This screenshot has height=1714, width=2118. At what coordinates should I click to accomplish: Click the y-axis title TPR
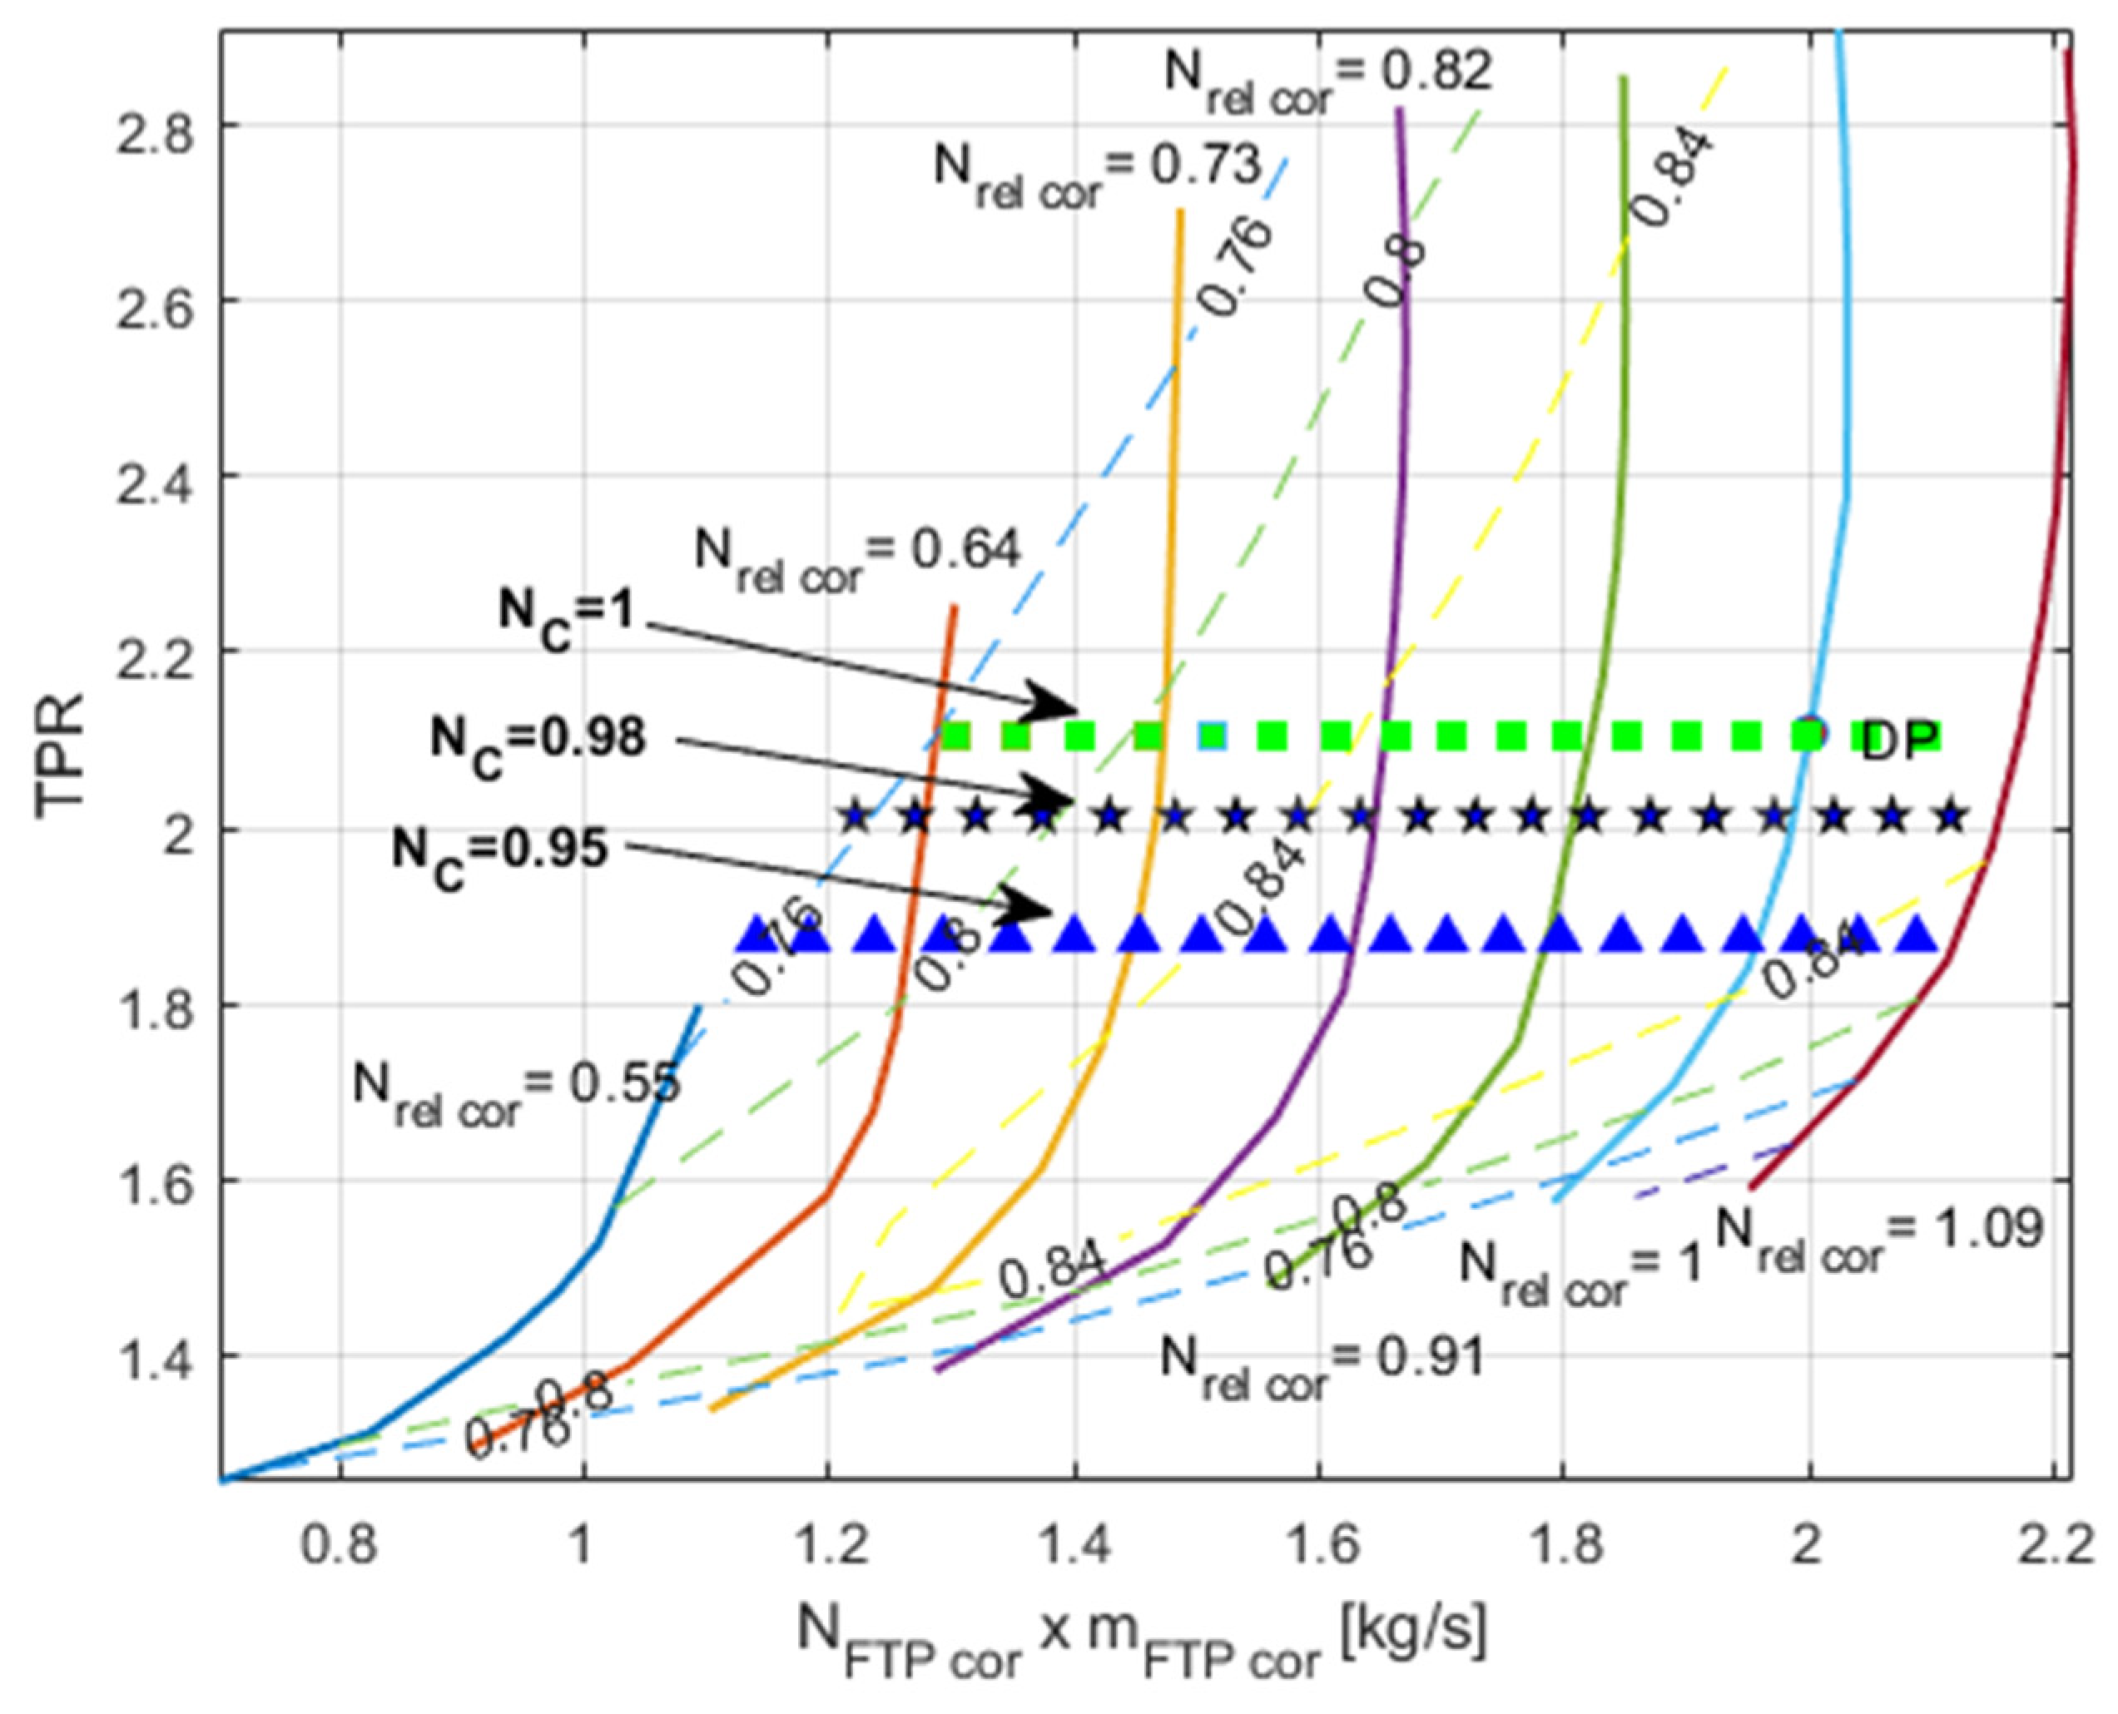coord(62,756)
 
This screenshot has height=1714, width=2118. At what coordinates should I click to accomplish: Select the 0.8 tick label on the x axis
coord(339,1546)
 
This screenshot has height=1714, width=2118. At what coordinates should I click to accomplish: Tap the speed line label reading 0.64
coord(857,554)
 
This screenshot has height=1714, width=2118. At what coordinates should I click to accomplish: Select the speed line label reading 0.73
coord(1098,170)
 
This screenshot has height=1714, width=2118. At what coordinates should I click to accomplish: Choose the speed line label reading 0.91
coord(1322,1365)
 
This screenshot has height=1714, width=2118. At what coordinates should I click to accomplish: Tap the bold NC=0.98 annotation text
coord(538,742)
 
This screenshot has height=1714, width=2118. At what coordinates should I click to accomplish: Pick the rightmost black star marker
coord(1951,818)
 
